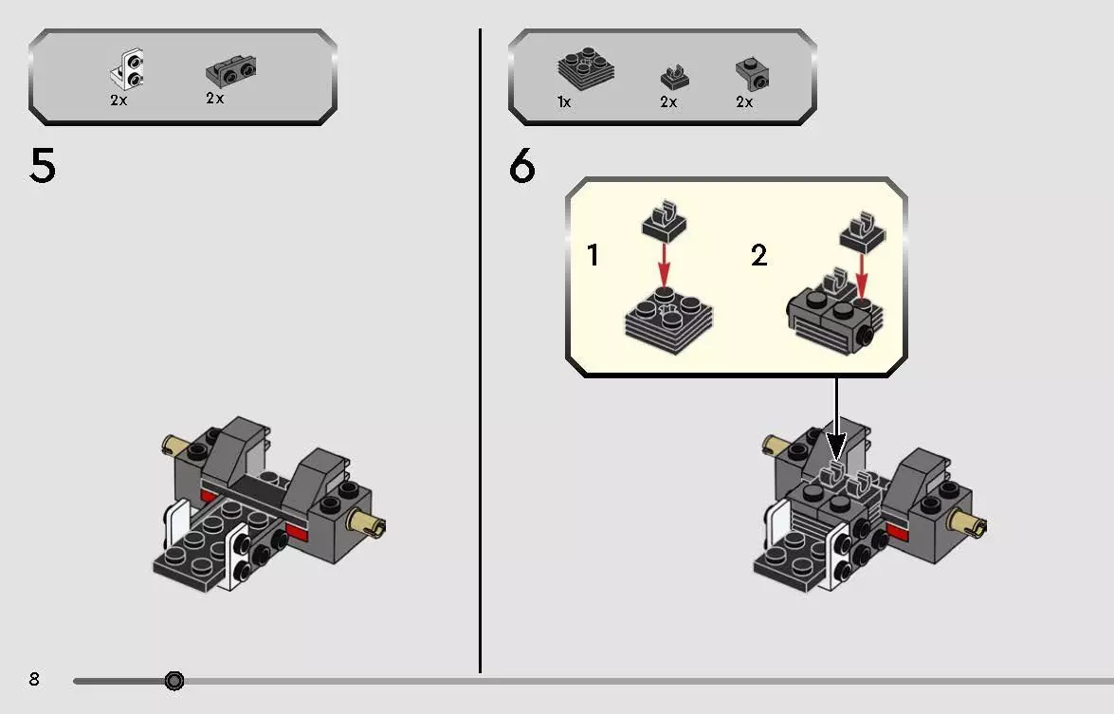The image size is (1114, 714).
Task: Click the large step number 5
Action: (42, 166)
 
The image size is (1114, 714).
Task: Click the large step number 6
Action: (522, 166)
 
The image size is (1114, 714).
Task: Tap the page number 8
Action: (34, 679)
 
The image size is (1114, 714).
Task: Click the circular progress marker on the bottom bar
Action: (174, 681)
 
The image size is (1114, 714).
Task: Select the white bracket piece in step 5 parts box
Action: (129, 70)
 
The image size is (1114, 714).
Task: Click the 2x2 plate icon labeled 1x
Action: (585, 69)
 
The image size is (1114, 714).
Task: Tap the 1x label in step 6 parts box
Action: (564, 102)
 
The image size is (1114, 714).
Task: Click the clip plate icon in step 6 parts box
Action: (674, 77)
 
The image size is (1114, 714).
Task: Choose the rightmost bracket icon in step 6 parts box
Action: (752, 74)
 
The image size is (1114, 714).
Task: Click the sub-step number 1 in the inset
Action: (594, 255)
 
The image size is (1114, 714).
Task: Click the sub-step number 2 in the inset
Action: (758, 255)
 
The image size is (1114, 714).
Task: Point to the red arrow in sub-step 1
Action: (664, 264)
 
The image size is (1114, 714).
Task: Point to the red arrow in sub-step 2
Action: (861, 276)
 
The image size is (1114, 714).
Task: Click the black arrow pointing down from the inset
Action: (837, 418)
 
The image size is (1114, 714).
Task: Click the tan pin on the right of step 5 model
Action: (366, 525)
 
